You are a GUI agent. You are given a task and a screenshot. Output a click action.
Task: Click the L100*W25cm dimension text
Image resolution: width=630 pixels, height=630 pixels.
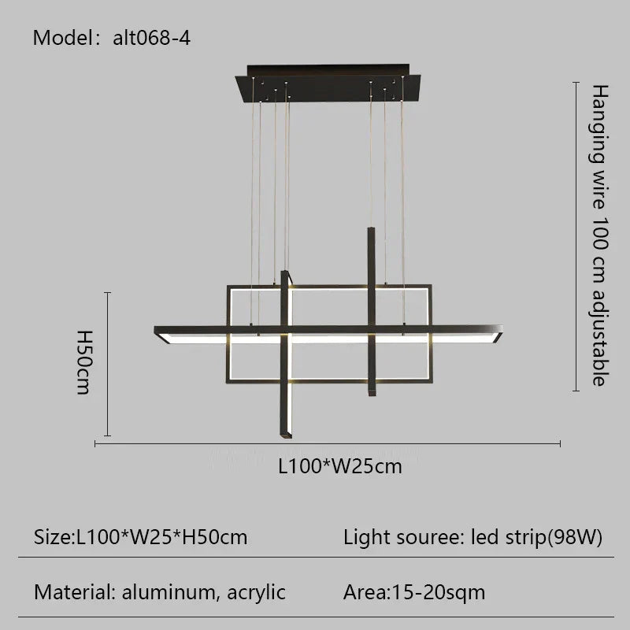coord(340,466)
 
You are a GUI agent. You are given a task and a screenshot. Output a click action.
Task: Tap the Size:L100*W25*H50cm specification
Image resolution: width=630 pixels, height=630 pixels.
coord(141,538)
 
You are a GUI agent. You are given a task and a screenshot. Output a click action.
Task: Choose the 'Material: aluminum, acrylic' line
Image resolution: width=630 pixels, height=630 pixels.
coord(160,591)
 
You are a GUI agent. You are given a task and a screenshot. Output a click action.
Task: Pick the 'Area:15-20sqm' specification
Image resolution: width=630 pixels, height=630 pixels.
coord(414,591)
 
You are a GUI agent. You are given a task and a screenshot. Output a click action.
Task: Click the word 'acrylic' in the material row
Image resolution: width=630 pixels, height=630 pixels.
coord(255,591)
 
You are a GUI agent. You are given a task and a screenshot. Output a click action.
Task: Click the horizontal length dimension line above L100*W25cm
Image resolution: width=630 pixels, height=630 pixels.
coord(327,444)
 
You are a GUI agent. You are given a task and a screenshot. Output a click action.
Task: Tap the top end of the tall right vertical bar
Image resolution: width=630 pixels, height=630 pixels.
coord(369,232)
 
